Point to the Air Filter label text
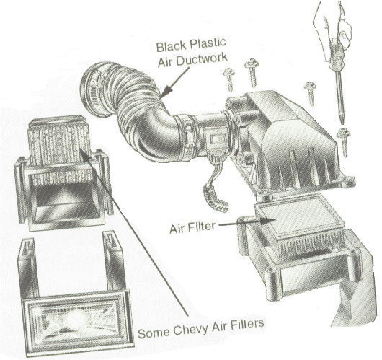[x=192, y=227]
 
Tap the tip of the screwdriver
[x=343, y=123]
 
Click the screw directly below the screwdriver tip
[x=344, y=142]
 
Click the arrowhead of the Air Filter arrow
[x=270, y=221]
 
